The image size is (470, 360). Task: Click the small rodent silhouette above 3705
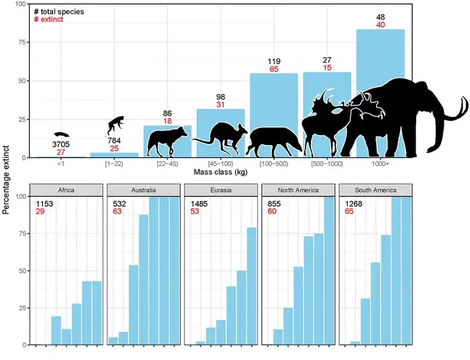click(61, 135)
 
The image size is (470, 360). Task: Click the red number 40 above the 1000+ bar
click(380, 25)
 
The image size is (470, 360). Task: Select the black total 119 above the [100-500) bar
click(273, 60)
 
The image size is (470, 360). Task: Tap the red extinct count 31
click(220, 105)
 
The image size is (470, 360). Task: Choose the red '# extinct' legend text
click(50, 20)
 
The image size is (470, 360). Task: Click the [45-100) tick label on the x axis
click(220, 163)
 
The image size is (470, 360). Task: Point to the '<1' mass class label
click(61, 163)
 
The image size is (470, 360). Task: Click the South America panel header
click(376, 189)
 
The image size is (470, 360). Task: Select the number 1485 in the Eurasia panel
click(199, 204)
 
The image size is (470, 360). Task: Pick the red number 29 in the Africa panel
click(40, 212)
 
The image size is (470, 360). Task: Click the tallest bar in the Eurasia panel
click(252, 286)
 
